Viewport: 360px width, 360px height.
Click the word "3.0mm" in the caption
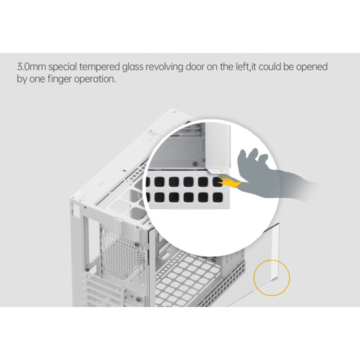(x=31, y=67)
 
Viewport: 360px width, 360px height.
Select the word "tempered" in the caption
(x=99, y=67)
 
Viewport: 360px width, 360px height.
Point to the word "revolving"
(x=164, y=67)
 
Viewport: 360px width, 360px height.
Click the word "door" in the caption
(x=194, y=67)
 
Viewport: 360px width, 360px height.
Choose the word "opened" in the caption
(x=311, y=67)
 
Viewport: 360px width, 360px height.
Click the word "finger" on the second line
(x=59, y=79)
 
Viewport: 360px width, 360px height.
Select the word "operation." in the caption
(x=95, y=79)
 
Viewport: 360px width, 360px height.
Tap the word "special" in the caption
(x=62, y=67)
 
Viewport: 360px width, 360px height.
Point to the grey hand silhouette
(x=271, y=175)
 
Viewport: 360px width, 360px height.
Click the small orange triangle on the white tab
(x=222, y=171)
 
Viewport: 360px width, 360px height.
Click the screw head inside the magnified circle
(x=195, y=164)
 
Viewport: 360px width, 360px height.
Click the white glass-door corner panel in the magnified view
(x=217, y=147)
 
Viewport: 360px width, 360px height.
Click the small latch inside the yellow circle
(x=274, y=279)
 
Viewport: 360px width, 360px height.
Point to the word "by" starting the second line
(x=22, y=79)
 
